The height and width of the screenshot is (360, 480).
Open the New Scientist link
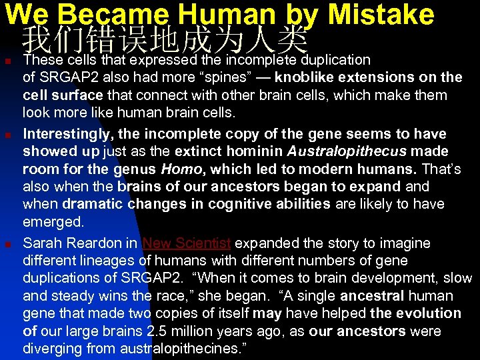click(187, 243)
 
